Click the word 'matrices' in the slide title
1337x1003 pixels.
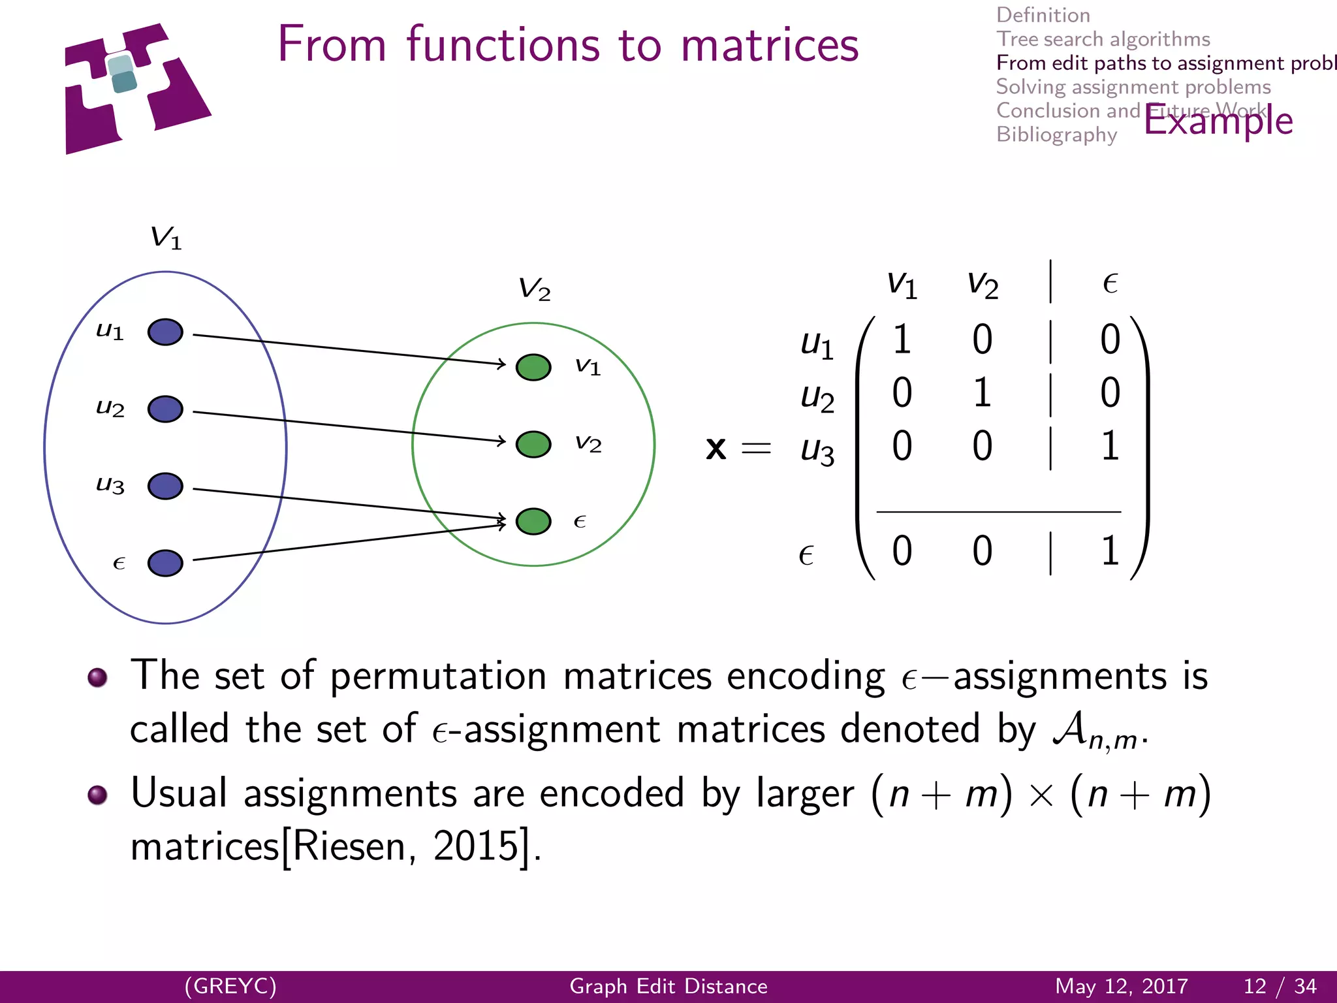[769, 46]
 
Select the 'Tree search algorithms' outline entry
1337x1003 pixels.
[1103, 39]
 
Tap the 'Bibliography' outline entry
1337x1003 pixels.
[1056, 135]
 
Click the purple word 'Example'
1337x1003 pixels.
[1218, 121]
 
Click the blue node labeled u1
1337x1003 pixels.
[165, 332]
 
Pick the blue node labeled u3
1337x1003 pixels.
[165, 486]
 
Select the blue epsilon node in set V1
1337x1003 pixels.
[165, 563]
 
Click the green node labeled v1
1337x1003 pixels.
[533, 367]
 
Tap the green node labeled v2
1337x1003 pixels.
[533, 444]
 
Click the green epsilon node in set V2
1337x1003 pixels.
[533, 521]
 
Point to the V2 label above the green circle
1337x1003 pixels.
[534, 289]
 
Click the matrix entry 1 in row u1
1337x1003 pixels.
[902, 340]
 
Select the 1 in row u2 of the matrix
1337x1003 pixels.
[982, 393]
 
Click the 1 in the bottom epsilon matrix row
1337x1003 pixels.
[1110, 550]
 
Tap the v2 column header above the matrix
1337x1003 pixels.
[982, 285]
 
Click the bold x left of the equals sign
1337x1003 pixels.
[716, 449]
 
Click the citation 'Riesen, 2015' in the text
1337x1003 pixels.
[405, 846]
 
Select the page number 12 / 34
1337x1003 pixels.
[1280, 986]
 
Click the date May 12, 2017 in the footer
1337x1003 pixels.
[1121, 986]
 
